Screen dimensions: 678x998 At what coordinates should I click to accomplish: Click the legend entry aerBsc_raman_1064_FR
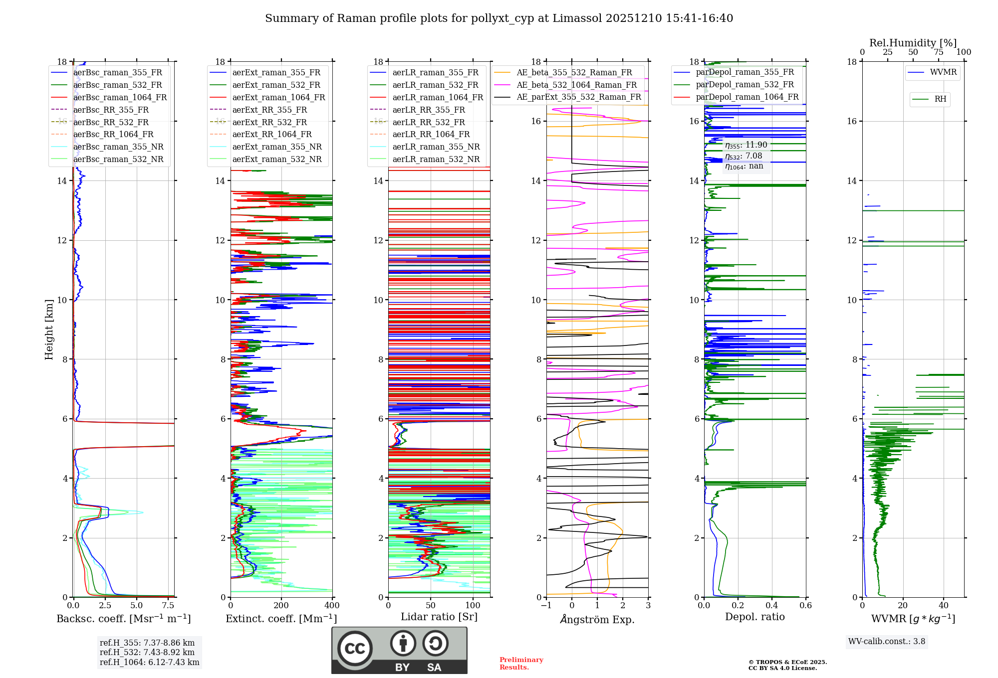pos(120,98)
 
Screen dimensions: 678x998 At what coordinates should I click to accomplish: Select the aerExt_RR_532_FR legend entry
pos(269,122)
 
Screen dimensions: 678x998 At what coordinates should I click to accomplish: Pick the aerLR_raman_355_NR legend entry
pos(436,147)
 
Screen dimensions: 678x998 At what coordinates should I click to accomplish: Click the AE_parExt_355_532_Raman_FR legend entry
pos(578,97)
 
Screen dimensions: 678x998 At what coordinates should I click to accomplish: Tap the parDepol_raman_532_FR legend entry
pos(745,85)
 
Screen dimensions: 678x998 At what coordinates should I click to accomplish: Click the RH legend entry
pos(940,99)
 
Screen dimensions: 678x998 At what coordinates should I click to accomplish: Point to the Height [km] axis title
pos(49,329)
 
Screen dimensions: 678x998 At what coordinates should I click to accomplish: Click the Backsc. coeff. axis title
pos(123,619)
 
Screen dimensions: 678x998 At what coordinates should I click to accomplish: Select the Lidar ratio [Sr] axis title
pos(439,617)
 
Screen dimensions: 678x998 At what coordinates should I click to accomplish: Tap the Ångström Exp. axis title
pos(597,620)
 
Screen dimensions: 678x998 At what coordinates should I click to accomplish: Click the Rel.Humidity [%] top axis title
pos(913,43)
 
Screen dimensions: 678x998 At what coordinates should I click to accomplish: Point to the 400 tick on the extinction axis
pos(332,606)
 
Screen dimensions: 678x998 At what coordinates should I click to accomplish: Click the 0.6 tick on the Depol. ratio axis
pos(805,606)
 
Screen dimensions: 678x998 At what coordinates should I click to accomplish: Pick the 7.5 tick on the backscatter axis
pos(168,606)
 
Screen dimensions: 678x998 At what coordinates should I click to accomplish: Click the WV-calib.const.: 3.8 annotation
pos(887,642)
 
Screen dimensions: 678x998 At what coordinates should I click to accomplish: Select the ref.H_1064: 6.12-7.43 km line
pos(149,663)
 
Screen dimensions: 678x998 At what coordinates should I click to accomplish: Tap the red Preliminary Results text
pos(521,664)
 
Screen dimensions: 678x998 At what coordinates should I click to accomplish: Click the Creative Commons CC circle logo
pos(355,649)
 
